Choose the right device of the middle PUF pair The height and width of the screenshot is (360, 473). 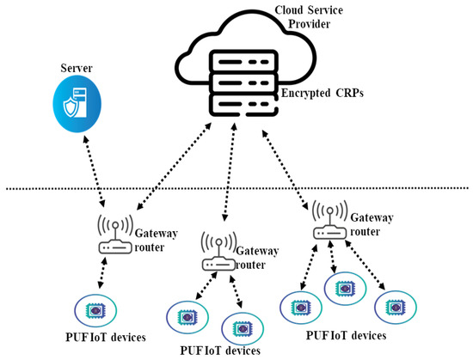coord(240,328)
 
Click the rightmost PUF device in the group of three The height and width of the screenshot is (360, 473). coord(396,307)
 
